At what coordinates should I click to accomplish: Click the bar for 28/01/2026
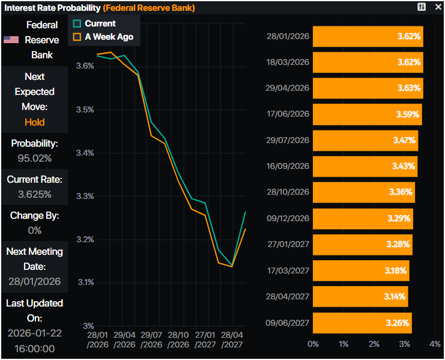[368, 37]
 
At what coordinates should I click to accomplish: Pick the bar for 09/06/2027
[362, 323]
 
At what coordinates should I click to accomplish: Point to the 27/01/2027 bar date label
[288, 245]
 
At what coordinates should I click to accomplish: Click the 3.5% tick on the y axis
[85, 109]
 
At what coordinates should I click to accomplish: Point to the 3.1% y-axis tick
[85, 282]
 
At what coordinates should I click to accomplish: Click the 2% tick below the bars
[374, 344]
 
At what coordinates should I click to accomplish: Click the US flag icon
[11, 40]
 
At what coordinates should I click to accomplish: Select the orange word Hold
[35, 122]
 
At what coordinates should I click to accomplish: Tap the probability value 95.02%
[35, 159]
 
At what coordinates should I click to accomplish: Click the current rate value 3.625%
[35, 195]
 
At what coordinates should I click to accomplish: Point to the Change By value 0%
[35, 230]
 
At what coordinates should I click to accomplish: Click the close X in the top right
[437, 7]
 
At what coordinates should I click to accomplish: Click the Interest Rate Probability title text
[52, 8]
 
